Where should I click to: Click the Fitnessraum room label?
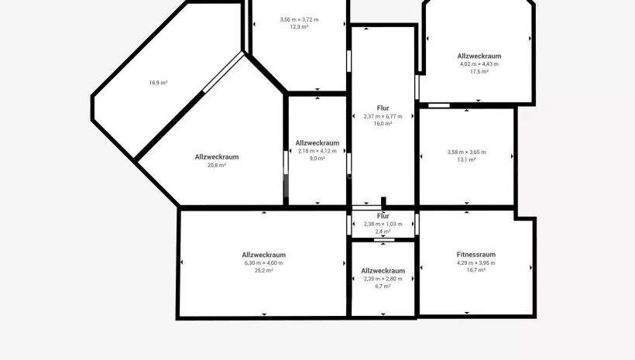tap(475, 254)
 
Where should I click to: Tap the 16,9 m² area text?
tap(158, 83)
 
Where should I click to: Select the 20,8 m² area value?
tap(217, 165)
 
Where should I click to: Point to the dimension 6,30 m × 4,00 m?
tap(263, 262)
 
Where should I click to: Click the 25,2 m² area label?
tap(263, 270)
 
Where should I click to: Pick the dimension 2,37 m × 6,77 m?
tap(383, 116)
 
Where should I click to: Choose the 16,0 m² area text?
tap(383, 124)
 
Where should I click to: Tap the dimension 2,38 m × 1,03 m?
tap(383, 224)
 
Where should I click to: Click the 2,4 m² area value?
tap(383, 231)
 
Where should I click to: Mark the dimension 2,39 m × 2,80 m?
tap(383, 279)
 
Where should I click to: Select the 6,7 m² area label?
tap(383, 286)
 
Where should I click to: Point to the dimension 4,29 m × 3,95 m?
tap(475, 262)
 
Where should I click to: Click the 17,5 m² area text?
tap(479, 71)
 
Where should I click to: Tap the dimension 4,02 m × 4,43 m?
tap(479, 64)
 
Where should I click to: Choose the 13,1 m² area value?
tap(466, 159)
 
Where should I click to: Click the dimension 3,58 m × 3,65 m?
tap(466, 153)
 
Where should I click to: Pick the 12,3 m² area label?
tap(299, 27)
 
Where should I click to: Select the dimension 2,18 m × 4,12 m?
tap(317, 151)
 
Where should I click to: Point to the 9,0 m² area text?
tap(317, 159)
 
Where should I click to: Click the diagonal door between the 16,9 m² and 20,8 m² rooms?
tap(223, 72)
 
